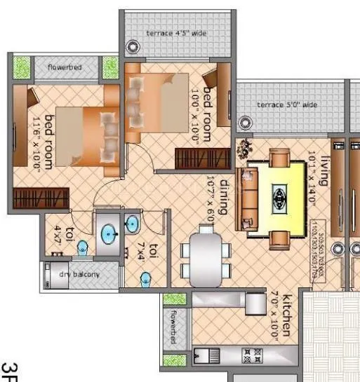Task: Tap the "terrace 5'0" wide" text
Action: click(287, 104)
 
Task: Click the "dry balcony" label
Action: click(79, 274)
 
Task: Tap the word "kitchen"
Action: click(286, 317)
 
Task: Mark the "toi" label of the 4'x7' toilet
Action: click(69, 233)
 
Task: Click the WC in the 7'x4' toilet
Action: click(146, 279)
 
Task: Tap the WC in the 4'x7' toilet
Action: click(83, 247)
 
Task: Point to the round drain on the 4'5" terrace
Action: click(132, 48)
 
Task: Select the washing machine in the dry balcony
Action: click(51, 274)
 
